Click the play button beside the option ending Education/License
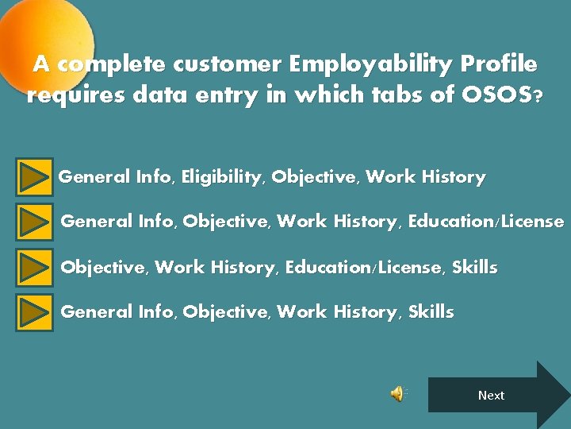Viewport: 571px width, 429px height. [x=34, y=222]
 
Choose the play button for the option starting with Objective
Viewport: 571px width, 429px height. [x=34, y=268]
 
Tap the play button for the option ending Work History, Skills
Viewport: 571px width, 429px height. [x=34, y=312]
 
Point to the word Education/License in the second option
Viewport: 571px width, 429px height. [x=486, y=222]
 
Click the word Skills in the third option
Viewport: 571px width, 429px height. [x=475, y=268]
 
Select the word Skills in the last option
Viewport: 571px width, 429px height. [x=431, y=312]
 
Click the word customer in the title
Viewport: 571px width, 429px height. [x=226, y=64]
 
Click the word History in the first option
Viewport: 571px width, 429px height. [x=454, y=177]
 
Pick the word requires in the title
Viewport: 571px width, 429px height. [x=76, y=96]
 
